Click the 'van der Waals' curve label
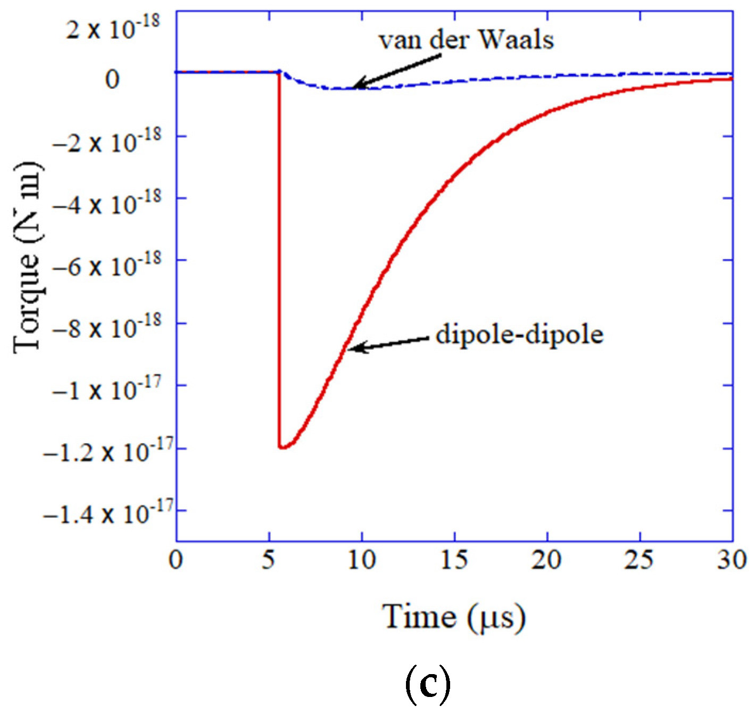(466, 40)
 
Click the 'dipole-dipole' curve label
(519, 335)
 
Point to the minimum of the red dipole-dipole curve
(282, 447)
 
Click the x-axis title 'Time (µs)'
(454, 617)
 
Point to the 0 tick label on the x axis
(176, 560)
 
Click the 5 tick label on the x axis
(269, 560)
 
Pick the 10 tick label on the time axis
(362, 560)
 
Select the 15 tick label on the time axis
(454, 560)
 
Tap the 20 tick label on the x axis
(547, 560)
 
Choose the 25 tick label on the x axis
(640, 560)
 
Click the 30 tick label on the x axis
(732, 560)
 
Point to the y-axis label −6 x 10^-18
(106, 263)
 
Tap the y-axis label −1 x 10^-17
(106, 388)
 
